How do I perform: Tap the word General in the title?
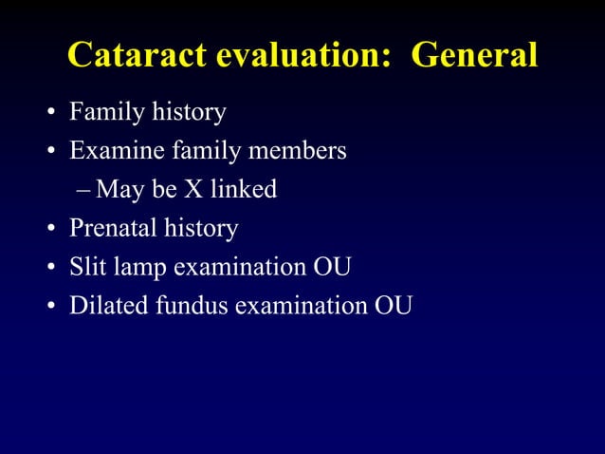point(475,55)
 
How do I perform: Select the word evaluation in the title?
point(300,55)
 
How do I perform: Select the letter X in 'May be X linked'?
point(196,190)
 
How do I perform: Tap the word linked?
point(245,190)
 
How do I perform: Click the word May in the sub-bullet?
point(120,190)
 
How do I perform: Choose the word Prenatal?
point(111,229)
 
